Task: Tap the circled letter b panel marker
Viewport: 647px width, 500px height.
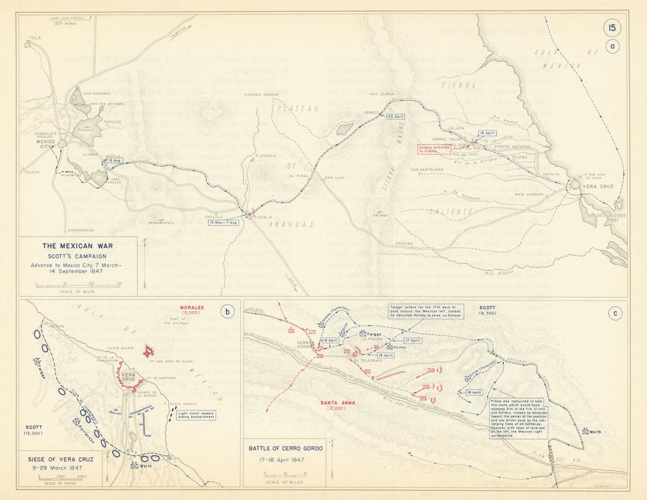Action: pyautogui.click(x=226, y=312)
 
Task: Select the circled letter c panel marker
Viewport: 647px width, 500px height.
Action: pyautogui.click(x=615, y=314)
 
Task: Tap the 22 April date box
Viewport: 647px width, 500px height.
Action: pyautogui.click(x=396, y=116)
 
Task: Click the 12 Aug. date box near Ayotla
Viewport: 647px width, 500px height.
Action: pyautogui.click(x=115, y=161)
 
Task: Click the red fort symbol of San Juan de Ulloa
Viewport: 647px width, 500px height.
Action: pyautogui.click(x=149, y=352)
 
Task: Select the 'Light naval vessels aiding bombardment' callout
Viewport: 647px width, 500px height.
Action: pyautogui.click(x=196, y=415)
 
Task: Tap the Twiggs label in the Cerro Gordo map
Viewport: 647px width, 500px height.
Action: pyautogui.click(x=374, y=333)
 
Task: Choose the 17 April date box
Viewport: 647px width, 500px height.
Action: pyautogui.click(x=413, y=341)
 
